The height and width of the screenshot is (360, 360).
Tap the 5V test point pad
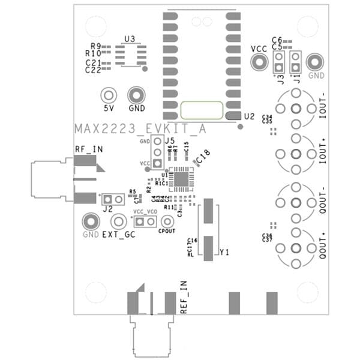[x=109, y=95]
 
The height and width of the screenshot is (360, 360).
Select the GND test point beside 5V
[x=136, y=95]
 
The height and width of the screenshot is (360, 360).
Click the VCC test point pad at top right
[x=259, y=61]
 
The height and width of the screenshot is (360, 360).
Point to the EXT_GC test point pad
[x=118, y=221]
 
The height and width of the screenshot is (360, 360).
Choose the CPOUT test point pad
[x=167, y=221]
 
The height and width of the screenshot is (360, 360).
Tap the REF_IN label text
[x=184, y=302]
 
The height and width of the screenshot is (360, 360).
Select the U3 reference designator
[x=130, y=39]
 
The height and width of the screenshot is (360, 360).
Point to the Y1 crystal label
[x=225, y=253]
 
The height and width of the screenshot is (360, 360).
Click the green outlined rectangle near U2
[x=202, y=110]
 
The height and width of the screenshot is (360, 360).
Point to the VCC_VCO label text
[x=145, y=212]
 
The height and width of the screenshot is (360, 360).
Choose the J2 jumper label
[x=108, y=209]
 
